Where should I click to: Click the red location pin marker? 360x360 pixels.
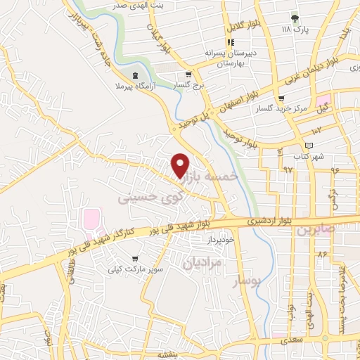pyautogui.click(x=181, y=165)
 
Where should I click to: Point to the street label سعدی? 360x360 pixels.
pyautogui.click(x=289, y=341)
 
